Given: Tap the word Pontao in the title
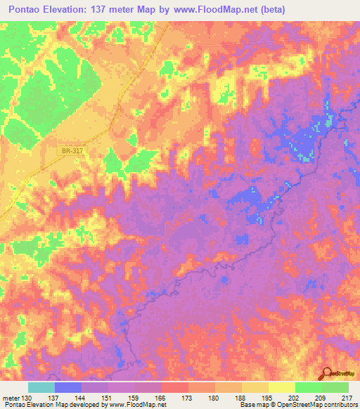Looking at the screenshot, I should (27, 9).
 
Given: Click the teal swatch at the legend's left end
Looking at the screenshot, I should (41, 387).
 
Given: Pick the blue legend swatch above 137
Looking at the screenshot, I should (68, 387).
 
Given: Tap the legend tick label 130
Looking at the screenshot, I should (27, 398).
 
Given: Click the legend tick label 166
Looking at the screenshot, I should (161, 398).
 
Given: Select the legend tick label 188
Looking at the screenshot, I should (241, 398).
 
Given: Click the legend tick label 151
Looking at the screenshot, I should (108, 398).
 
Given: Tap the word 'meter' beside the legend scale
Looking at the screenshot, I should (10, 398).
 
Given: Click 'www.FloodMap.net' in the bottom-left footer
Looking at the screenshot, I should (138, 405).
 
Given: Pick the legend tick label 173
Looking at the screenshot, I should (188, 398).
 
